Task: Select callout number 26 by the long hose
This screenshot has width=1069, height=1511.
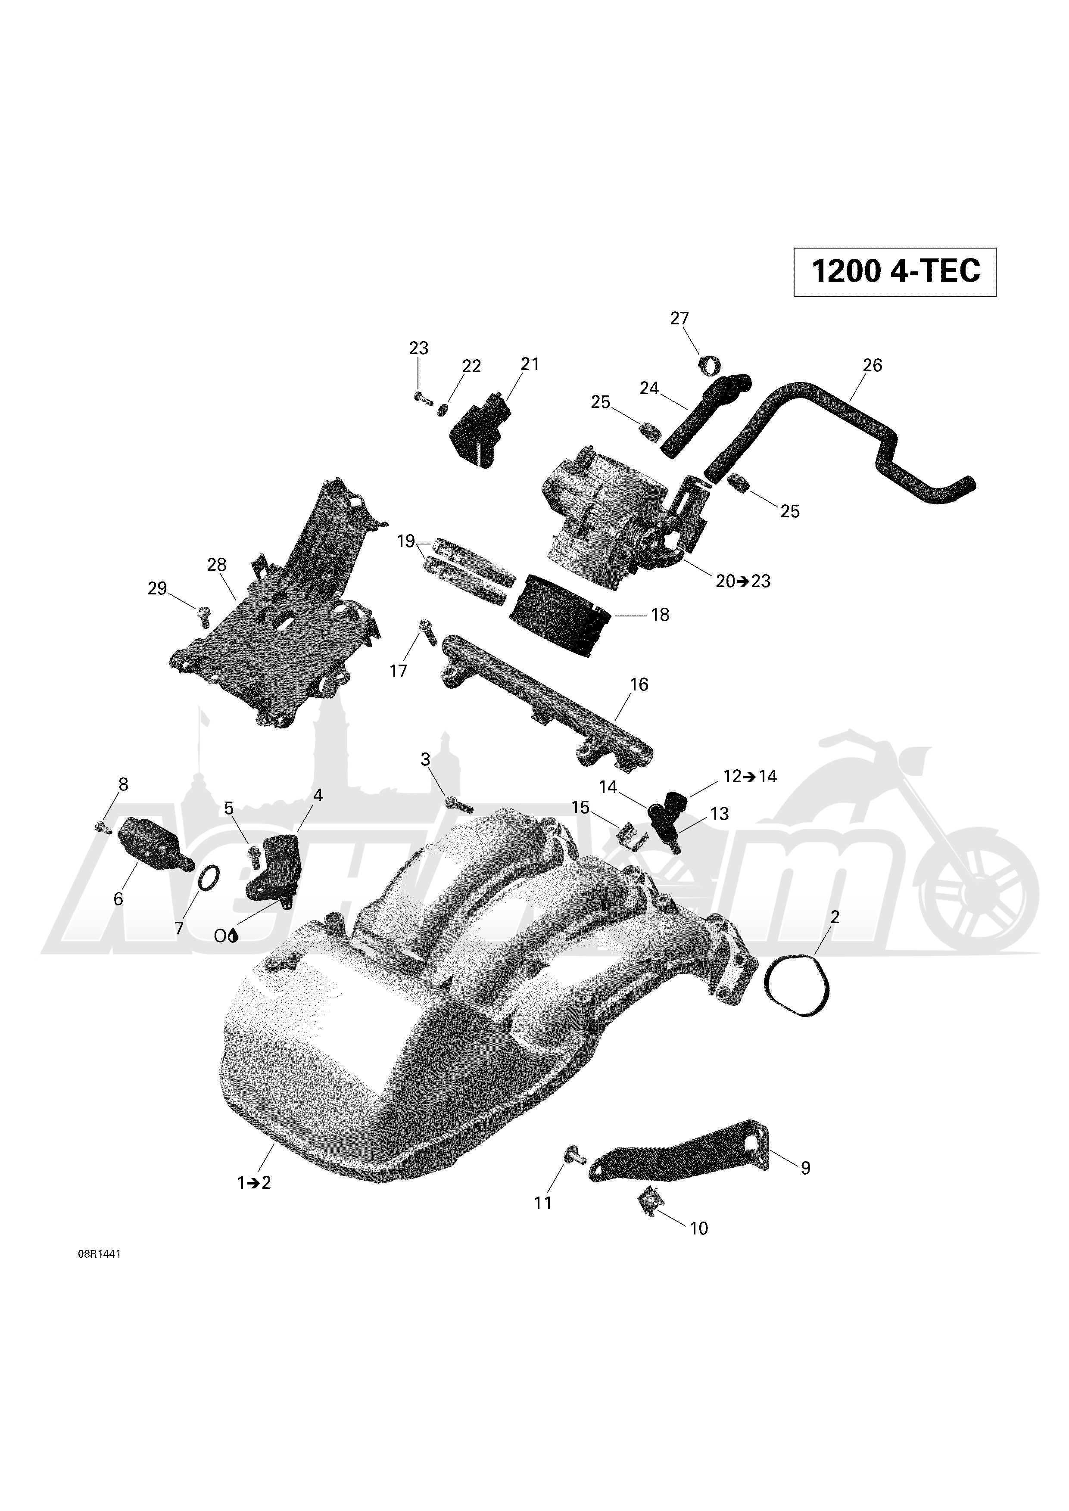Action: (872, 365)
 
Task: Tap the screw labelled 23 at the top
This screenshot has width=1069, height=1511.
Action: (421, 397)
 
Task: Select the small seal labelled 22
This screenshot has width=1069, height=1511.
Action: (443, 410)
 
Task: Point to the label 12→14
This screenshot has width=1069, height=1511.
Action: (750, 777)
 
